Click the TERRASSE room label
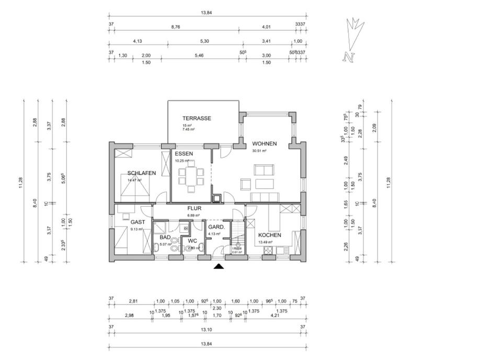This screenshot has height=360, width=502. click(197, 119)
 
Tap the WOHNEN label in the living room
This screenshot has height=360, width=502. click(264, 143)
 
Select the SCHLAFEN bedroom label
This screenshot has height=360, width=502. click(142, 173)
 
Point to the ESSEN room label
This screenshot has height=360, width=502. click(184, 154)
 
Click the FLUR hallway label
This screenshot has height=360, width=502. click(195, 208)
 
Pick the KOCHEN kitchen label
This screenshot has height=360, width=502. click(269, 235)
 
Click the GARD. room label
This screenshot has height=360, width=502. click(216, 228)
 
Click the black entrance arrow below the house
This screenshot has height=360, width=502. click(220, 267)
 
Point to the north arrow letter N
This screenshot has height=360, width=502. click(347, 57)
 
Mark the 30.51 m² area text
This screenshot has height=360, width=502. click(259, 151)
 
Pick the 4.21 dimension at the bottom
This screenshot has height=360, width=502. click(275, 315)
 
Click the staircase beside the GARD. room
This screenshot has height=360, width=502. click(238, 231)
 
